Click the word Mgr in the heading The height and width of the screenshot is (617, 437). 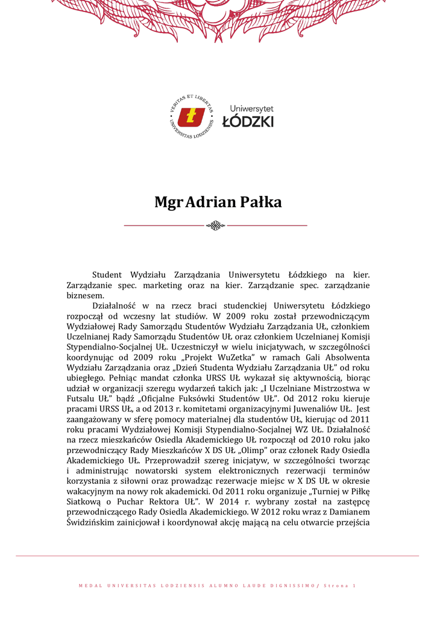click(168, 202)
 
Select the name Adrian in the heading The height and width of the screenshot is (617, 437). click(209, 202)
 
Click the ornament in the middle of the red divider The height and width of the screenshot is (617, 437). click(215, 226)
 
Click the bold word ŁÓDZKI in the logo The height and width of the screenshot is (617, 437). click(248, 121)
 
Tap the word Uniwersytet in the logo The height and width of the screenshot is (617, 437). click(251, 108)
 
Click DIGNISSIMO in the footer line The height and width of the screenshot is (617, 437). click(289, 586)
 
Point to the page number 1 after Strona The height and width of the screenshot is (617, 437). click(354, 586)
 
